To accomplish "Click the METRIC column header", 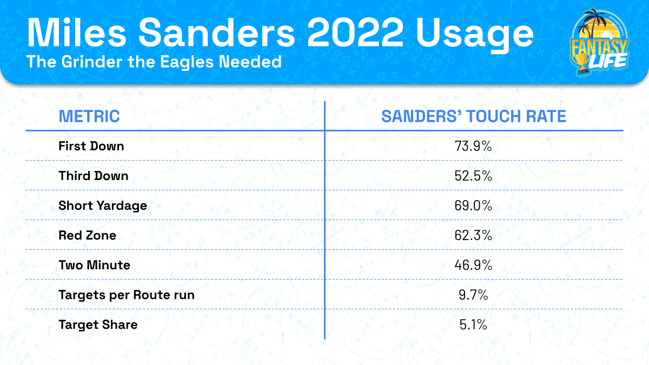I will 89,116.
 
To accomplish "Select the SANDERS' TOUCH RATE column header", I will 474,116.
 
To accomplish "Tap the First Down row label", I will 91,146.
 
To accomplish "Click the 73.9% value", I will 474,146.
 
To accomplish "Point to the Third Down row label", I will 94,176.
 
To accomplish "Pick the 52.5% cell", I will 474,176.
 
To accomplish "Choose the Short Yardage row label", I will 103,205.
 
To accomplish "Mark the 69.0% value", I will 474,205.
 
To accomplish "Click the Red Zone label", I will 88,235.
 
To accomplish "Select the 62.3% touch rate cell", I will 474,235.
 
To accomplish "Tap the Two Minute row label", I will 95,265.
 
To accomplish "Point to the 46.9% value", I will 474,265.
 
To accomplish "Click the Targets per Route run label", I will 127,295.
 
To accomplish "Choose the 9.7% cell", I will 474,295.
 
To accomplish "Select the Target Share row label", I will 98,324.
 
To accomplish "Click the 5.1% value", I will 474,324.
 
